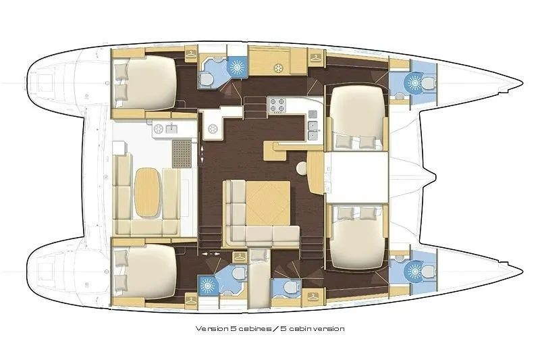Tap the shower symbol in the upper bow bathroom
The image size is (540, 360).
(410, 82)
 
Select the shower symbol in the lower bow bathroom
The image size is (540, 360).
(410, 272)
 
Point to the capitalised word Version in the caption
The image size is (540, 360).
(209, 328)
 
